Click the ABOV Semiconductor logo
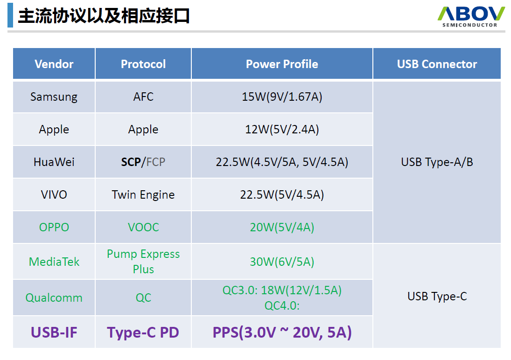point(471,16)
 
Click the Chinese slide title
point(104,16)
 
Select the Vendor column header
point(54,64)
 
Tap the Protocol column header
point(143,64)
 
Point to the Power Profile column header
point(282,64)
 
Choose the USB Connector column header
point(437,64)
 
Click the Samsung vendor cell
point(54,97)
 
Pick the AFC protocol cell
point(143,97)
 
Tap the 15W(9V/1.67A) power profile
point(282,97)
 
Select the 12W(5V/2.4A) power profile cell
point(282,129)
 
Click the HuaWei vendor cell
point(54,162)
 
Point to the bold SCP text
point(131,162)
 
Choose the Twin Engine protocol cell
point(143,194)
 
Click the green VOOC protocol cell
point(143,227)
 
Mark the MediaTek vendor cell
point(54,262)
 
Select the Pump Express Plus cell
point(143,262)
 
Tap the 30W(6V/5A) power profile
point(282,262)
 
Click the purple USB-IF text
point(54,332)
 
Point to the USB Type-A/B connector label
point(437,162)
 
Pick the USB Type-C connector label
point(437,296)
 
